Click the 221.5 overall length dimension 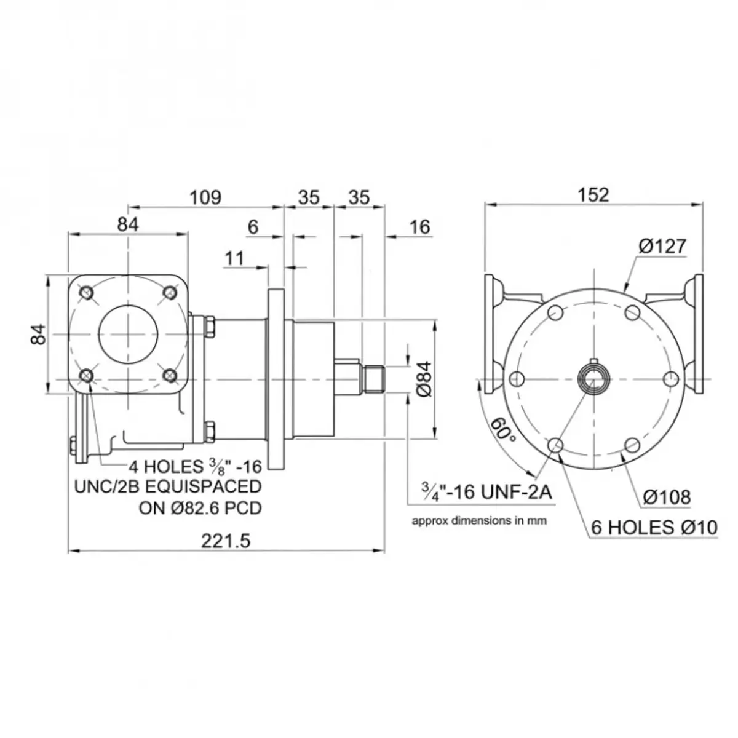click(x=226, y=541)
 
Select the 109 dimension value click(x=205, y=197)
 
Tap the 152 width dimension click(x=593, y=195)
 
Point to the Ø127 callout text click(x=662, y=246)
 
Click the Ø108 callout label click(x=667, y=497)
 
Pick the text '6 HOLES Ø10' click(x=654, y=528)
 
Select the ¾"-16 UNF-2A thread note click(x=486, y=492)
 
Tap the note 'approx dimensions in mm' click(x=479, y=521)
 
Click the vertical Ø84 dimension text click(x=424, y=379)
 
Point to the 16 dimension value click(x=420, y=227)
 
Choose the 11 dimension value click(x=234, y=258)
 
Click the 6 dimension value click(x=253, y=227)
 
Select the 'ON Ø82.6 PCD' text click(x=200, y=508)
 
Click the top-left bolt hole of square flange click(x=87, y=293)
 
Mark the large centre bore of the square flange click(x=129, y=335)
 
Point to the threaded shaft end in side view click(x=373, y=379)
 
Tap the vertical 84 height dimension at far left click(x=38, y=335)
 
